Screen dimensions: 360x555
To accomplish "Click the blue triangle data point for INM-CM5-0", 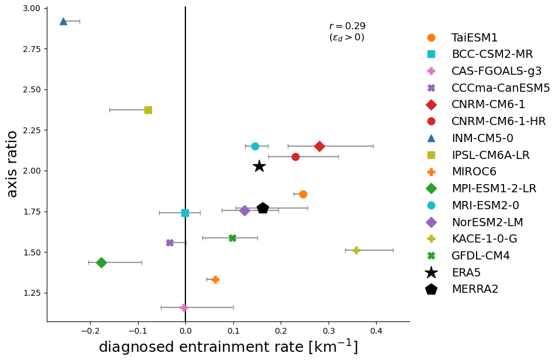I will click(63, 21).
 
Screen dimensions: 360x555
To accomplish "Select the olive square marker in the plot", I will click(148, 110).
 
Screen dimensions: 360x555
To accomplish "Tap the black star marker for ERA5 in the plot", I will click(259, 167).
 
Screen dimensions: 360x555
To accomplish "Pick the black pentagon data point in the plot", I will click(263, 208).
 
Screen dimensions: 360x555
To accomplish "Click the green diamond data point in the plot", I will click(101, 262).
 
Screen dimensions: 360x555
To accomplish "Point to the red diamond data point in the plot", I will click(319, 146).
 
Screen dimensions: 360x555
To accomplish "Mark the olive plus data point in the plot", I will click(356, 250).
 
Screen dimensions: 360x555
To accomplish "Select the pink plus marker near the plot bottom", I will click(184, 307).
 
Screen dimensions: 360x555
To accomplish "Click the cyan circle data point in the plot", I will click(255, 146).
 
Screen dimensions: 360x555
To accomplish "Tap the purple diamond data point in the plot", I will click(245, 210).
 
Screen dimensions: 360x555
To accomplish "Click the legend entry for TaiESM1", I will click(474, 38).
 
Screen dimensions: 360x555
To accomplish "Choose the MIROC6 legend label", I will click(474, 172).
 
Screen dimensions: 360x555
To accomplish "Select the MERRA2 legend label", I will click(475, 289).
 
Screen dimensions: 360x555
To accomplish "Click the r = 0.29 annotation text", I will click(347, 26).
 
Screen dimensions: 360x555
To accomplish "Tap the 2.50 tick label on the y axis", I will click(32, 89).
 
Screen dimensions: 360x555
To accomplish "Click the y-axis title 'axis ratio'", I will click(12, 164).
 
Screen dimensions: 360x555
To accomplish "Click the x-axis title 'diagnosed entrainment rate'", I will click(228, 347).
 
